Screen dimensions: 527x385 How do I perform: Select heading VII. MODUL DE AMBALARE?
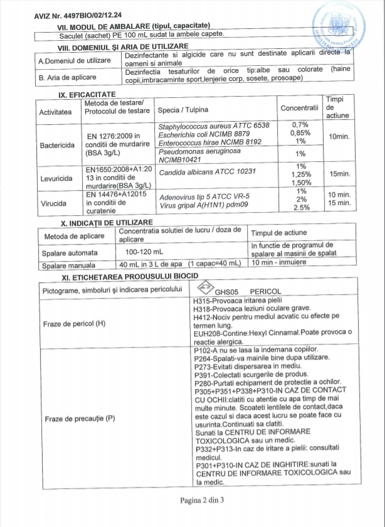(x=134, y=26)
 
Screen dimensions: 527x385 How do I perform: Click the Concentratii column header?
(x=300, y=108)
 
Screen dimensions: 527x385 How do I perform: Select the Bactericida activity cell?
(x=58, y=145)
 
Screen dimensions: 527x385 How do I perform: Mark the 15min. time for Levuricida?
(x=339, y=174)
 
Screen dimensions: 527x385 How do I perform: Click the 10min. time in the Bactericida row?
(x=339, y=136)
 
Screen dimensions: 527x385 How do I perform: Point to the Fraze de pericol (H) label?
(x=74, y=324)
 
